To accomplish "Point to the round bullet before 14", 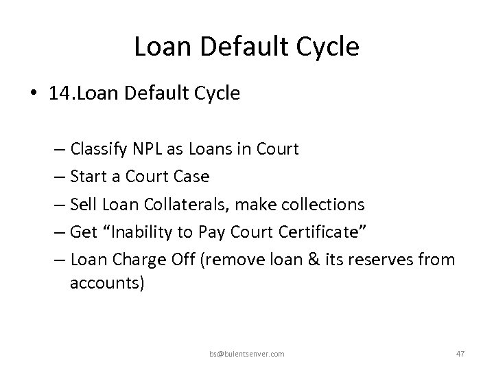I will click(x=34, y=93).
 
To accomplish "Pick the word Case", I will click(x=191, y=177).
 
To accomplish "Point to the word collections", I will click(x=324, y=204).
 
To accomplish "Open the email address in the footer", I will click(x=246, y=354).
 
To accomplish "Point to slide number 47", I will click(x=460, y=354).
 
